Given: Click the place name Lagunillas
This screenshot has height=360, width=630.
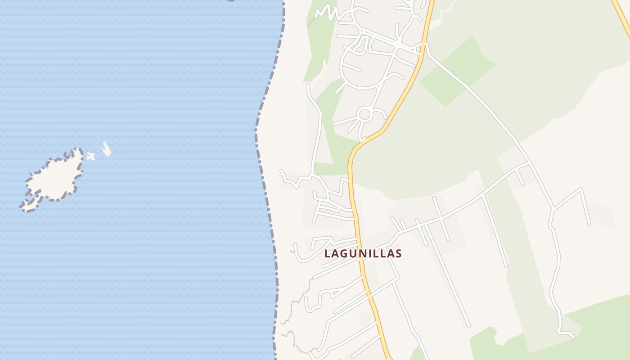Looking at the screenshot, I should (363, 253).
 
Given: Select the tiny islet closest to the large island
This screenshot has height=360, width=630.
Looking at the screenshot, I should (91, 156).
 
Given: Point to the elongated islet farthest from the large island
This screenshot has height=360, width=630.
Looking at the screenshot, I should (107, 149).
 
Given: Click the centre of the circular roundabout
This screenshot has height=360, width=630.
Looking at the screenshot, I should (364, 114).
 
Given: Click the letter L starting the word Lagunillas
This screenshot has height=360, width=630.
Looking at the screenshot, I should (328, 253).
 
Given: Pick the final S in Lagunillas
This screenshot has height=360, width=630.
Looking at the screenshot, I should (398, 253).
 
